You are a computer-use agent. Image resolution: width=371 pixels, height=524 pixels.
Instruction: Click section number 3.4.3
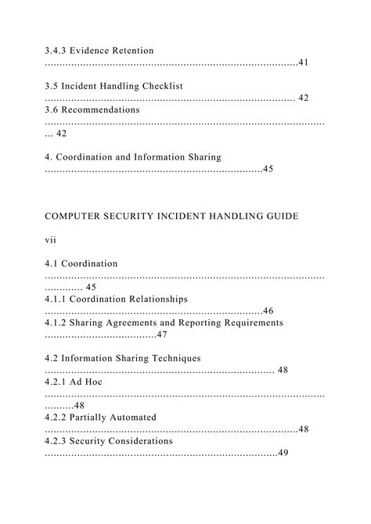(57, 51)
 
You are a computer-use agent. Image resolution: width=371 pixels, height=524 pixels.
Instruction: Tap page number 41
(303, 63)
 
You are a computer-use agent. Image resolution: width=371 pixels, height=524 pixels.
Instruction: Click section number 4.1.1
(57, 299)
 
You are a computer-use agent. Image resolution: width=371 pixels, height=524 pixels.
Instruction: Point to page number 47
(162, 335)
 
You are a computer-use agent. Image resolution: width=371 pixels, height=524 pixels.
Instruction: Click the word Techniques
(168, 358)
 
